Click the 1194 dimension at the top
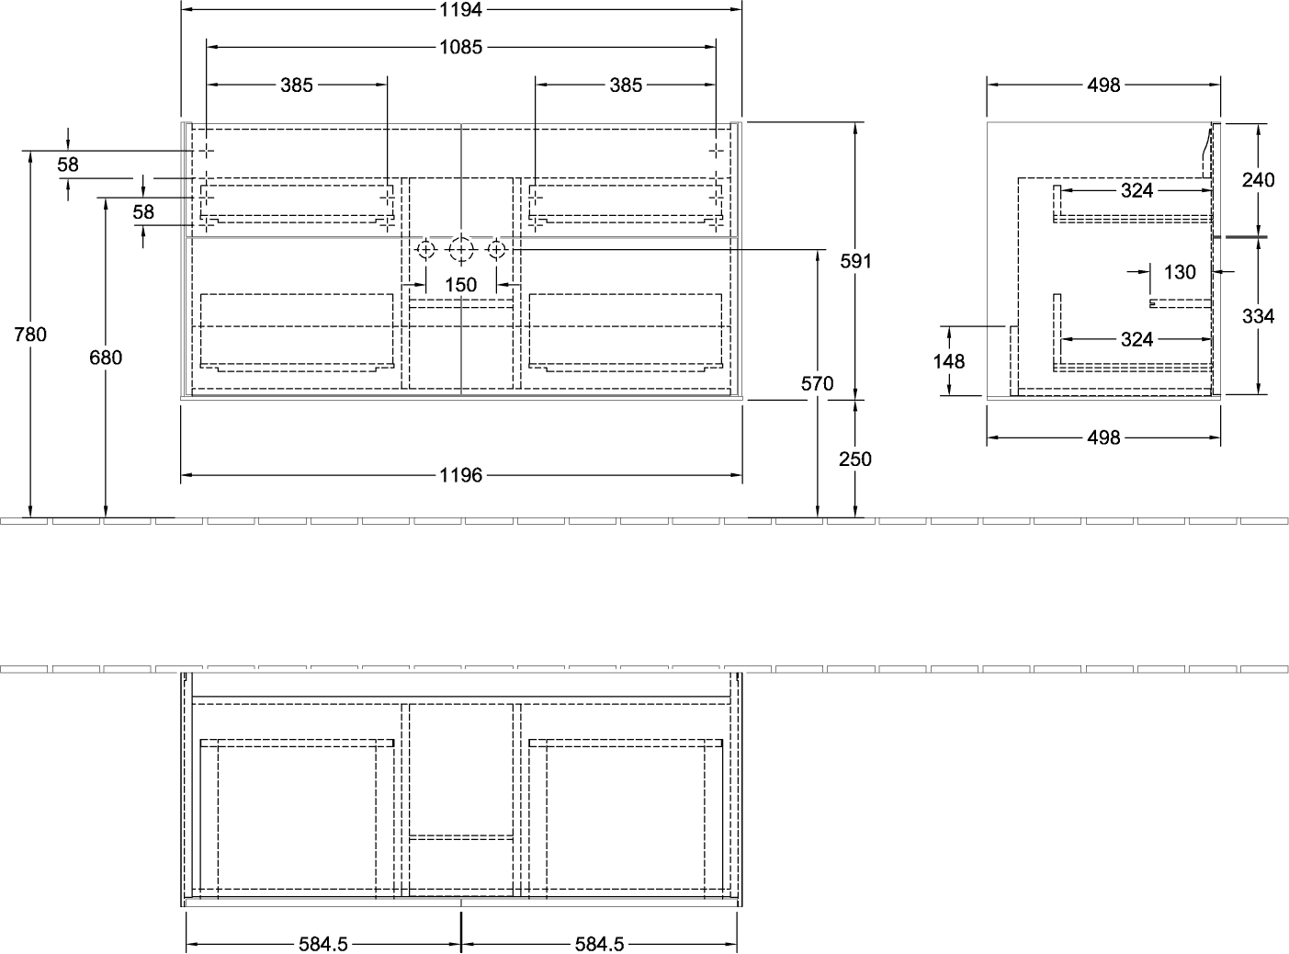click(461, 10)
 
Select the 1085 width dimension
click(461, 47)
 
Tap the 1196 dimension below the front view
click(461, 475)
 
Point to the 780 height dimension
click(30, 335)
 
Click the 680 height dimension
click(106, 358)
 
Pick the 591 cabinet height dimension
click(856, 262)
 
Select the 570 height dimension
click(817, 383)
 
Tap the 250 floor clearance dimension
click(855, 460)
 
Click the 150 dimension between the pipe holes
click(461, 285)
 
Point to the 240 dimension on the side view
click(1258, 180)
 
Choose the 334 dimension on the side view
click(1258, 316)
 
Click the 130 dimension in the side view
click(1180, 272)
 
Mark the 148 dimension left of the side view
click(949, 361)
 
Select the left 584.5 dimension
click(323, 944)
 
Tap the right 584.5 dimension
click(599, 944)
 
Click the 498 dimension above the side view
click(1103, 85)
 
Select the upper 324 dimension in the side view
click(1136, 190)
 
